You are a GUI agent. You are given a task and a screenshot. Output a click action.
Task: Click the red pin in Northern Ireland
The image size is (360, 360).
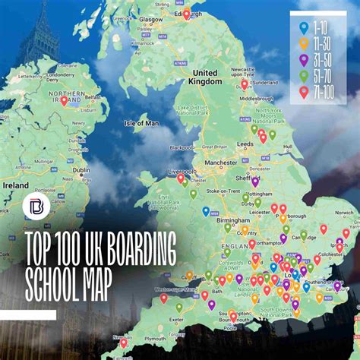pos(65,100)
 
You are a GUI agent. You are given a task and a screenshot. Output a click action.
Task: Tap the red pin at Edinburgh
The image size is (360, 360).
pos(187,14)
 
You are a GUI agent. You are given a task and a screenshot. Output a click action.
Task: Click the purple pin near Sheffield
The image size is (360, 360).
pos(255,182)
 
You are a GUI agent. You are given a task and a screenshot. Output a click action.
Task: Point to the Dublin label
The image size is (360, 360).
pos(81,171)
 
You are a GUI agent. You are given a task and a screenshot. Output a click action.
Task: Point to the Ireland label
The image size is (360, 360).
pos(15,185)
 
